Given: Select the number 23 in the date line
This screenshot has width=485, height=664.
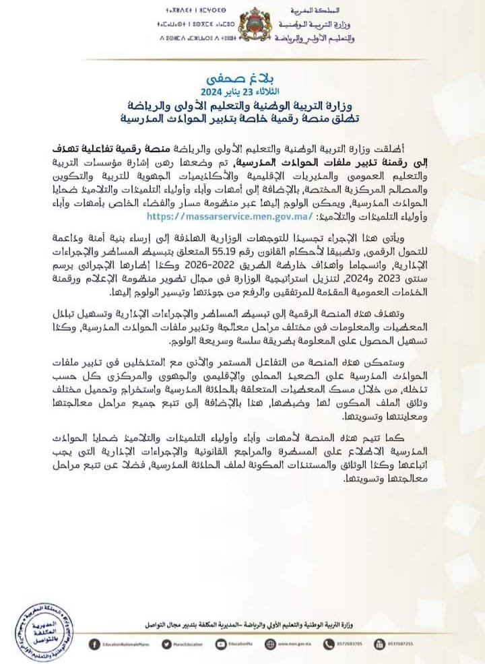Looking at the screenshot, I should click(250, 91).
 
